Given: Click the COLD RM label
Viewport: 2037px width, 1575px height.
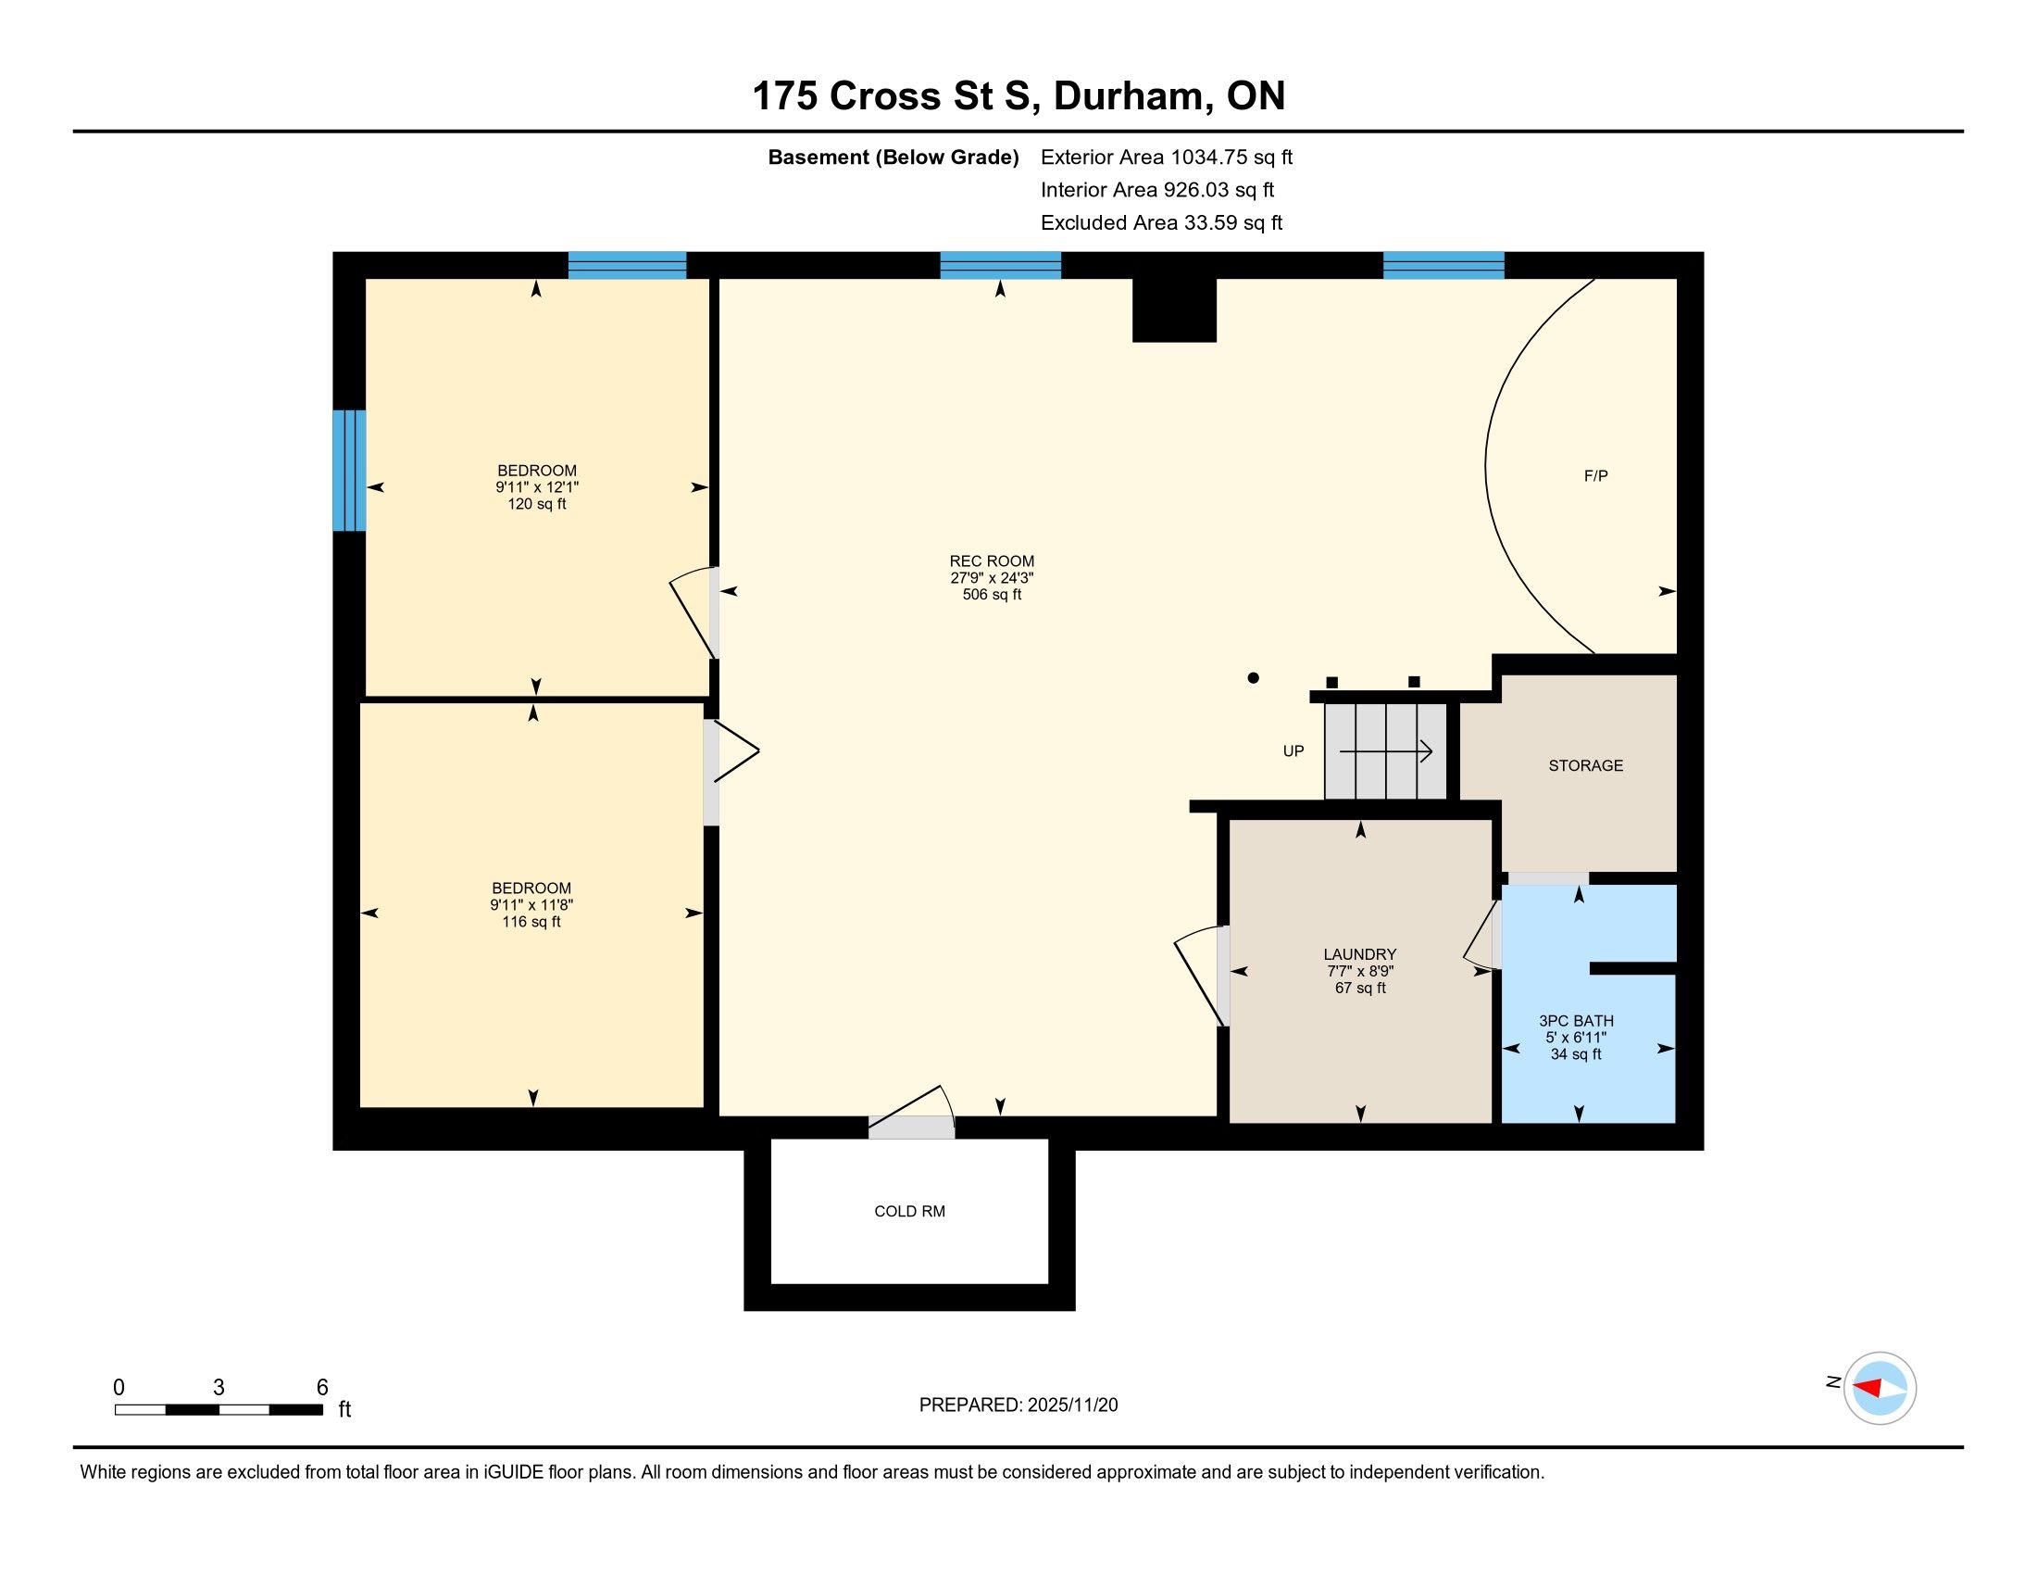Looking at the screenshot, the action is click(909, 1211).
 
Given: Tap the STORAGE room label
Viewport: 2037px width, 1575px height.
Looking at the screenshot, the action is click(1585, 765).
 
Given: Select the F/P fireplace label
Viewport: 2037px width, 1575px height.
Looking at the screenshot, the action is click(1596, 476).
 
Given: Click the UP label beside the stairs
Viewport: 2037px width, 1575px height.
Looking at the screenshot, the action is click(1293, 751).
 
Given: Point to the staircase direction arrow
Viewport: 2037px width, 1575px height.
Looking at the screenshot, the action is click(1386, 751).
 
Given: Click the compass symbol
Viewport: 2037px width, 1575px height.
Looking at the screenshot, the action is click(1880, 1388).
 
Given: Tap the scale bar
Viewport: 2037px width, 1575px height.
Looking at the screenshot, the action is click(219, 1409).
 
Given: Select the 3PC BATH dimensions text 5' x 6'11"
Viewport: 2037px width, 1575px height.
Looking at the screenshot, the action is click(1576, 1038).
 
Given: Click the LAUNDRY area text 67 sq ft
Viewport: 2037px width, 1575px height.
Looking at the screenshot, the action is click(1360, 989).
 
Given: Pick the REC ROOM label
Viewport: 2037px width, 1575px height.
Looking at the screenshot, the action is click(992, 561).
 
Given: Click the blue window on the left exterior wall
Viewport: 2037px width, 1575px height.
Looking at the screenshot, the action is click(350, 471).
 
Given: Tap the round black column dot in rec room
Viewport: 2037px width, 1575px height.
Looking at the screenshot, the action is click(1254, 678).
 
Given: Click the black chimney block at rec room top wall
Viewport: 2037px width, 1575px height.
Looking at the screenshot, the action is click(1174, 309).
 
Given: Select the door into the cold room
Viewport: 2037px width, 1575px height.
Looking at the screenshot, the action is click(911, 1113).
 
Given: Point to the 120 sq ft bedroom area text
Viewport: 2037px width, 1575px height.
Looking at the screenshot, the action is click(536, 504).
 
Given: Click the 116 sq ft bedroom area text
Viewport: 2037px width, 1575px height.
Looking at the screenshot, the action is click(531, 922).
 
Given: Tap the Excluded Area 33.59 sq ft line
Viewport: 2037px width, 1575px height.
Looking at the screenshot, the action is click(1161, 223).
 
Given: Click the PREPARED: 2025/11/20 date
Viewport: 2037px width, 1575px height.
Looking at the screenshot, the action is click(1018, 1405).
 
